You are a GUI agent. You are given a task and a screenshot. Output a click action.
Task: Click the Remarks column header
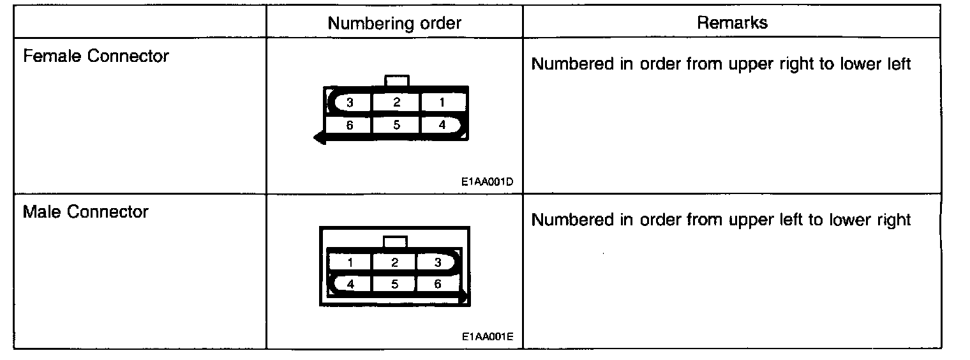[x=731, y=23]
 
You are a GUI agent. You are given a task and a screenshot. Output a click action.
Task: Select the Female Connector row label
[x=96, y=56]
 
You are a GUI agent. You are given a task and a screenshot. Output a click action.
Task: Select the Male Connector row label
[x=86, y=212]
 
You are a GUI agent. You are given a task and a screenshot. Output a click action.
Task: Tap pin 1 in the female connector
[x=442, y=102]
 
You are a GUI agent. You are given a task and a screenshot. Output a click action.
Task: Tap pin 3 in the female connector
[x=350, y=102]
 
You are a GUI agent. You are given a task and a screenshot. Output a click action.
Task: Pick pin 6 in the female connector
[x=350, y=125]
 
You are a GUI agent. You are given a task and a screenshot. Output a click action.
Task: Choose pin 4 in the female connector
[x=442, y=125]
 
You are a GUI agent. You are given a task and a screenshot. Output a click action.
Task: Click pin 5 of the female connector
[x=396, y=125]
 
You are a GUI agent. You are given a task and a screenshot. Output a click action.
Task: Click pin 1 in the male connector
[x=350, y=262]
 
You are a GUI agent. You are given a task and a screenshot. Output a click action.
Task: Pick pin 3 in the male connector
[x=437, y=262]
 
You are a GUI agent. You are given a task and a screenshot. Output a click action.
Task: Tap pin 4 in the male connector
[x=350, y=284]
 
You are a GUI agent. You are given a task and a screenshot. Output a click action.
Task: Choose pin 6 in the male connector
[x=437, y=284]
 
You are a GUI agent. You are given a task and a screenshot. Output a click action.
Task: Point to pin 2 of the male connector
[x=395, y=262]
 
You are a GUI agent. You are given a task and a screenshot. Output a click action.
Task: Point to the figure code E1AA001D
[x=488, y=181]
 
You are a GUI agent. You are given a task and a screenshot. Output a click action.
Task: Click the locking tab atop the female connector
[x=397, y=80]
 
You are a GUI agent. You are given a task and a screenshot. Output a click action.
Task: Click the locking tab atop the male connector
[x=396, y=242]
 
